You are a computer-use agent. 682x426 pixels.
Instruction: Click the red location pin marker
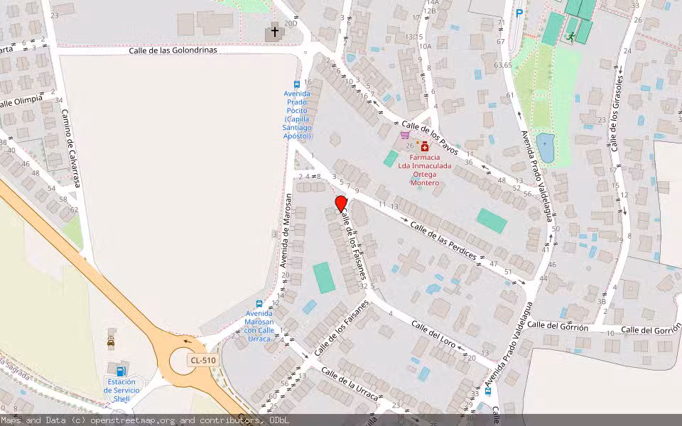(341, 204)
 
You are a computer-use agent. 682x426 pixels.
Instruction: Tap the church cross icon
(275, 33)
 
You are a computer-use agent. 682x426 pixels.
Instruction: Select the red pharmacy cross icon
(425, 146)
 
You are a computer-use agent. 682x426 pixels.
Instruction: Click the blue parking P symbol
(519, 13)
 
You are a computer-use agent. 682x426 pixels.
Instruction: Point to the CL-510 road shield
(203, 361)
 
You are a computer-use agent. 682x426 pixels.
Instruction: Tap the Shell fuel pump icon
(121, 371)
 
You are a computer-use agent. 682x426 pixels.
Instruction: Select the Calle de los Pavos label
(435, 138)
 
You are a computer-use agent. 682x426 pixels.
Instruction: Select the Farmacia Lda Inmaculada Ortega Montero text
(425, 170)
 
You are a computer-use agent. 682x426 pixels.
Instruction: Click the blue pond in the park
(545, 147)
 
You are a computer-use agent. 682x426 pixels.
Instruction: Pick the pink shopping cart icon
(405, 135)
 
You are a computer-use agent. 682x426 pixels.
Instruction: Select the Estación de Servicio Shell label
(121, 390)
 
